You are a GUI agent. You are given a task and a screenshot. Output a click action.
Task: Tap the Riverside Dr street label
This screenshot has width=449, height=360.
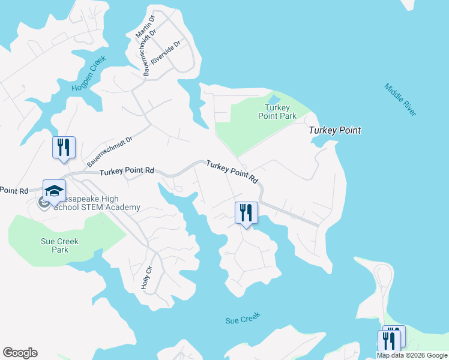pos(166,53)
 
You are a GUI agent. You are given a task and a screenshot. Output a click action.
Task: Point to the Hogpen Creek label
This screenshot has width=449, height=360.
pos(89,74)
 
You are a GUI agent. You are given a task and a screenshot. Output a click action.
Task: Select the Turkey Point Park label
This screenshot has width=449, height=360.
pos(277,112)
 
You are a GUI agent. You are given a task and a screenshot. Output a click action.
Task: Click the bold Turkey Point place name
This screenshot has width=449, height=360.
pos(334,130)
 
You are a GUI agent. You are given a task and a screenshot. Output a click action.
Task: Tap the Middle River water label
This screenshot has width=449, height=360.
pos(401,100)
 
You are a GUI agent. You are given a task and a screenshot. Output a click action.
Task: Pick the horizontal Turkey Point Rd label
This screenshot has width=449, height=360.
pos(127,172)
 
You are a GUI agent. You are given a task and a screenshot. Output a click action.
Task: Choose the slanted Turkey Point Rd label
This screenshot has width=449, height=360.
pos(232,172)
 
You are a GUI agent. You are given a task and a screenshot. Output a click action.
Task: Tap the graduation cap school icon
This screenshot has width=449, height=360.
pos(54,190)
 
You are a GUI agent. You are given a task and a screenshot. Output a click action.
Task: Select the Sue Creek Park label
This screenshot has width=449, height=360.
pos(59,245)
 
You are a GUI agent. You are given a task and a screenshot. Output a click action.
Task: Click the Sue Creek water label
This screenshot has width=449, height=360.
pos(242,320)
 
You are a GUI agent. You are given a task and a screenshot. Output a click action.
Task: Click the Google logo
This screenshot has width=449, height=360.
pos(20,353)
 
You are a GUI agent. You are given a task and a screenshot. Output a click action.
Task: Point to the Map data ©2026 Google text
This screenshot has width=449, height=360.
pos(412,355)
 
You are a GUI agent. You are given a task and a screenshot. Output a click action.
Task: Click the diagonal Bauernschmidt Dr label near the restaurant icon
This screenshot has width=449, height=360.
pos(109,151)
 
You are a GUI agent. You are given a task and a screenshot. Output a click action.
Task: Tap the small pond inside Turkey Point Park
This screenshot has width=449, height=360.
pos(274,100)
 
